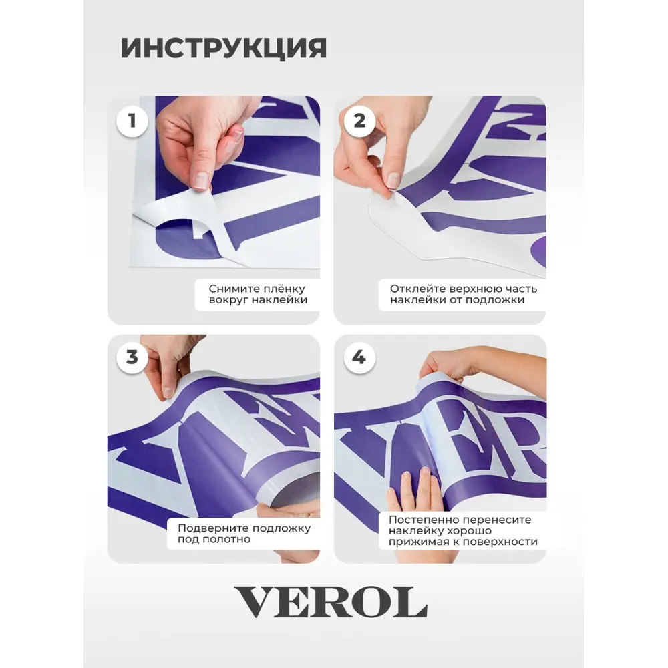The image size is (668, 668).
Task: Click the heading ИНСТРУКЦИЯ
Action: (224, 48)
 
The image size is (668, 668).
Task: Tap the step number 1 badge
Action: (132, 120)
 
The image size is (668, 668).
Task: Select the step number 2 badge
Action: (360, 120)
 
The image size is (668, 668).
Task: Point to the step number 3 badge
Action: (132, 357)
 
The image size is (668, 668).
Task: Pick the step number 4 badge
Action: (360, 357)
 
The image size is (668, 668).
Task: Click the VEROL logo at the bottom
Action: (331, 602)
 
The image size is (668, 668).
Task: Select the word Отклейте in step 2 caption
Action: (411, 289)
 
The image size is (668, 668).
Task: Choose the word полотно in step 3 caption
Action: (232, 539)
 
